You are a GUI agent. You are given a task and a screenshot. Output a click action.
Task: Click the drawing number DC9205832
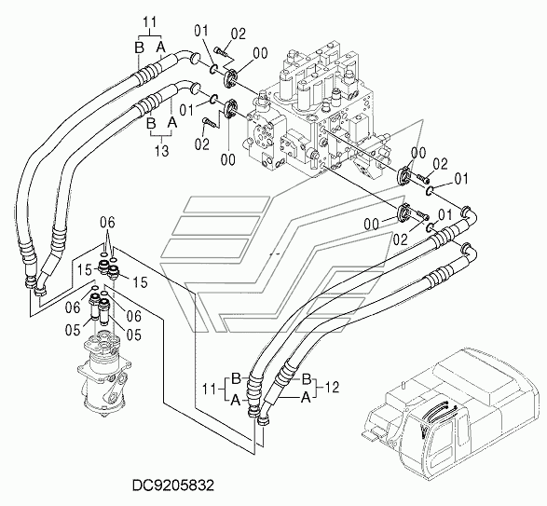click(172, 485)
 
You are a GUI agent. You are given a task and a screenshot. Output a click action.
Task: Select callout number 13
click(162, 151)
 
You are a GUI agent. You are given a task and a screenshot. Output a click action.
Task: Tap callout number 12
click(332, 388)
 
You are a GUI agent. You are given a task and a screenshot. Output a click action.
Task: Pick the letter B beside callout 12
click(307, 378)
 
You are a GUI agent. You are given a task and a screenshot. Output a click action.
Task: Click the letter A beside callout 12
click(306, 397)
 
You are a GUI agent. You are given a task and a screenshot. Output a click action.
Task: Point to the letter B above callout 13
click(151, 123)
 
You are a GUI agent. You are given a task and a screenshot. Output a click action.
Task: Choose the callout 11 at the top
click(150, 22)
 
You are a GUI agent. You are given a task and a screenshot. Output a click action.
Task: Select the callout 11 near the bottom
click(210, 389)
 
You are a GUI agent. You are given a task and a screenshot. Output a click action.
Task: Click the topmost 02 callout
click(239, 34)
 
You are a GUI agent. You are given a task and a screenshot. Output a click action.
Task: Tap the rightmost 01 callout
click(461, 179)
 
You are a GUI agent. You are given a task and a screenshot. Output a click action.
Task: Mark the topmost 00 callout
click(260, 53)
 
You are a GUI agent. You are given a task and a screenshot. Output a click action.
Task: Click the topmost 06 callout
click(107, 223)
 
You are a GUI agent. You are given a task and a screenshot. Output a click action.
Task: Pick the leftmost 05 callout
click(73, 330)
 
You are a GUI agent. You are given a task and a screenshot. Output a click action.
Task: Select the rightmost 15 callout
click(140, 282)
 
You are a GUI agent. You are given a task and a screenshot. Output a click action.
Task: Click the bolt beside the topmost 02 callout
click(221, 51)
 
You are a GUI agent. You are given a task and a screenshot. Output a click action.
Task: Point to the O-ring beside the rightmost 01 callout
click(430, 190)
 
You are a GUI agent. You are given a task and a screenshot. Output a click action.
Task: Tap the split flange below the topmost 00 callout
click(230, 78)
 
